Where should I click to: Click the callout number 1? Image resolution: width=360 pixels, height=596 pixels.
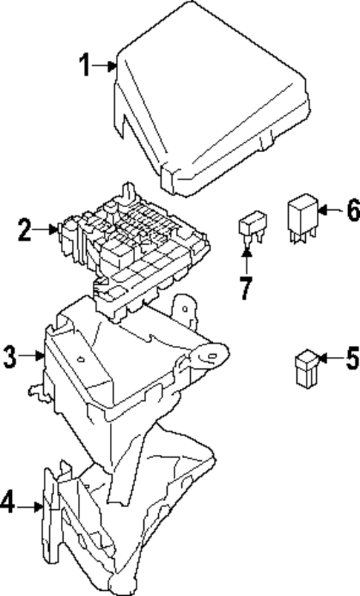(86, 67)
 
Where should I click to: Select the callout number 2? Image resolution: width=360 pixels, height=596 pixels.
(25, 231)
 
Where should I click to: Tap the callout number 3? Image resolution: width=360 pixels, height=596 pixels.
(9, 356)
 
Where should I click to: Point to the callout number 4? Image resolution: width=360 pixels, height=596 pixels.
(7, 505)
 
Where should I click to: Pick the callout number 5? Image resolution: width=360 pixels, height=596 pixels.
(350, 361)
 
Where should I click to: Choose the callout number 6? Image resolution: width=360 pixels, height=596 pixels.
(351, 210)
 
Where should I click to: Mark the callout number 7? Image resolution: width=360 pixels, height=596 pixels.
(246, 287)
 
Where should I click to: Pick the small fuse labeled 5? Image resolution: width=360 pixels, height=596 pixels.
(304, 369)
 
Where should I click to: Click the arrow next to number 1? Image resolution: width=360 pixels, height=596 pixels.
(107, 67)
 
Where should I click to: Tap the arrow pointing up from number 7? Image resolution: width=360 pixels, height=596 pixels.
(246, 260)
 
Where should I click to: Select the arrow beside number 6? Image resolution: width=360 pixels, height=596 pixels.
(328, 211)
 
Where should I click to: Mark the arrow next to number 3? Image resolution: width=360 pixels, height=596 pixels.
(33, 357)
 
